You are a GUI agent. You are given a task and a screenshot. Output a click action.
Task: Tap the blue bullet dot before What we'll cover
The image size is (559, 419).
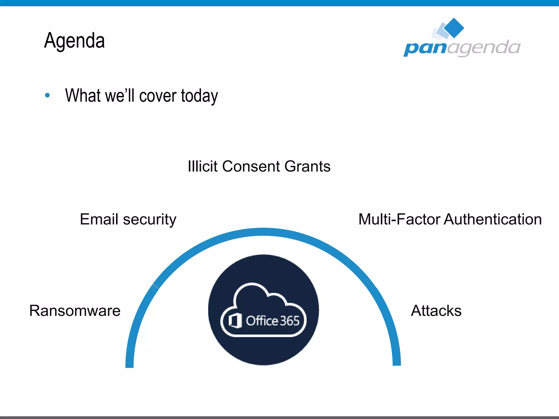coord(47,95)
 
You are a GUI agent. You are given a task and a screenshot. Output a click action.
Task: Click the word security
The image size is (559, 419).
coord(150,220)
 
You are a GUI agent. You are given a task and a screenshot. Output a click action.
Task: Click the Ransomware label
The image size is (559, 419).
coord(75,310)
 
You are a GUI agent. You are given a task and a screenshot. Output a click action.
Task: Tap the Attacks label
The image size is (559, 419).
coord(436,310)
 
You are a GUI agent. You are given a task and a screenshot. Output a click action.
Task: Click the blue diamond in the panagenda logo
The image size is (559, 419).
coord(454,28)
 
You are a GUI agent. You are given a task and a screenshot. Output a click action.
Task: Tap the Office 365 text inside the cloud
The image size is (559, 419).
coord(273,321)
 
